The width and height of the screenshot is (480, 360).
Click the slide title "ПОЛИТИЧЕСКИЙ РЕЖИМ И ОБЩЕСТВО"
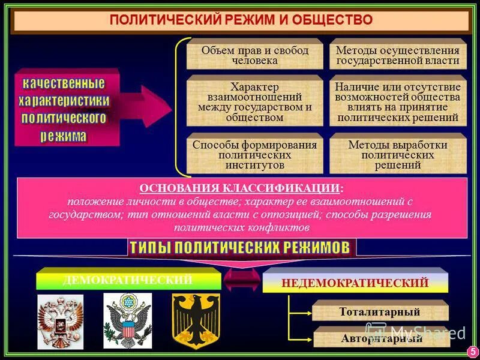pyautogui.click(x=241, y=20)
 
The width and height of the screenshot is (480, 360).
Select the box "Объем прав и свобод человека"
pyautogui.click(x=255, y=55)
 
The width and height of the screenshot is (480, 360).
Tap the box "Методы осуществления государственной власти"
pyautogui.click(x=398, y=55)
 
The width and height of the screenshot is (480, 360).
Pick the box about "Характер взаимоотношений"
pyautogui.click(x=255, y=102)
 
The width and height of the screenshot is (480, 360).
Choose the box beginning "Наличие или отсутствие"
pyautogui.click(x=398, y=102)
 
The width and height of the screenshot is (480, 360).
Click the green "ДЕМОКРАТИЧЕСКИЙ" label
pyautogui.click(x=128, y=280)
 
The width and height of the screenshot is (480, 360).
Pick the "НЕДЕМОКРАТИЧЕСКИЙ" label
pyautogui.click(x=355, y=283)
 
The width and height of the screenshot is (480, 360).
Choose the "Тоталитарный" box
pyautogui.click(x=380, y=312)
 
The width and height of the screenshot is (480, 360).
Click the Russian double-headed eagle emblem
pyautogui.click(x=60, y=322)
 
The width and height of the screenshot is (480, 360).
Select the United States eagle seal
pyautogui.click(x=128, y=322)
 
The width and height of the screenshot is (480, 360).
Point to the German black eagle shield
pyautogui.click(x=196, y=322)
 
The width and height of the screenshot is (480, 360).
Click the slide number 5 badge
pyautogui.click(x=471, y=350)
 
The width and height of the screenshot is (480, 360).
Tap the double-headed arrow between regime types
pyautogui.click(x=242, y=279)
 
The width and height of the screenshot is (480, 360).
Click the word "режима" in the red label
pyautogui.click(x=64, y=136)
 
